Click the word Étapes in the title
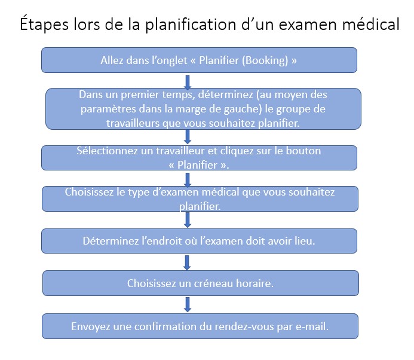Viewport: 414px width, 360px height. [44, 24]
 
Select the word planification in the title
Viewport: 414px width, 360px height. [191, 25]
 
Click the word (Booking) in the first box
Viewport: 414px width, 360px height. [265, 60]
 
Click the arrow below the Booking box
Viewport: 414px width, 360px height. [188, 82]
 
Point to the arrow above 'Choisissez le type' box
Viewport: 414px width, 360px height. [188, 180]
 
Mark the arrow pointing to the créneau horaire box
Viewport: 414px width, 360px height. [187, 263]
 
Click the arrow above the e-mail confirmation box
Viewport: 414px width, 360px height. [188, 304]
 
